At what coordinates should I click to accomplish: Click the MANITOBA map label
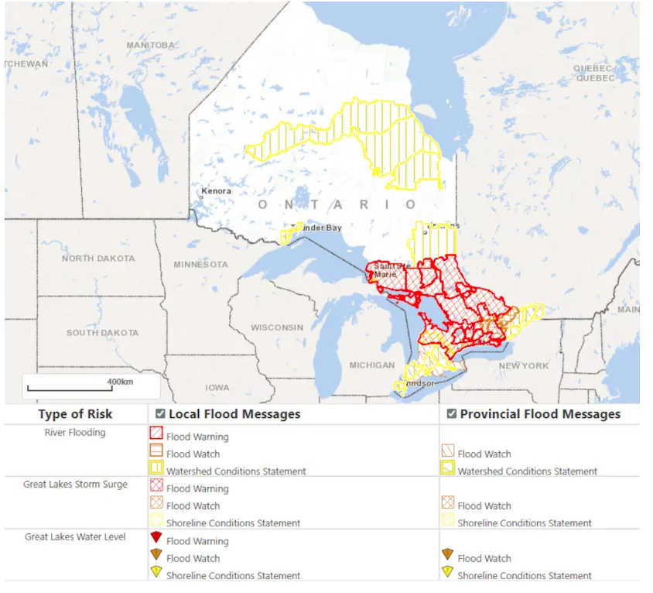point(150,46)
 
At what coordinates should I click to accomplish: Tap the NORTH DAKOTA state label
point(98,259)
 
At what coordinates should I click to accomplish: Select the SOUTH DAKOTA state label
point(102,333)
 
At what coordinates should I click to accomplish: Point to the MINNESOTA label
point(200,265)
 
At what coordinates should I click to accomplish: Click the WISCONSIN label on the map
point(277,327)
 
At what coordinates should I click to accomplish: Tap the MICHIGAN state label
point(371,365)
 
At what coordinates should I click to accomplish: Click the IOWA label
point(217,387)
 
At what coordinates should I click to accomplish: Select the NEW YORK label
point(524,365)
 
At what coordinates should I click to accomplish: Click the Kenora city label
point(216,191)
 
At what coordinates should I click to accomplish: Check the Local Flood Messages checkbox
point(160,414)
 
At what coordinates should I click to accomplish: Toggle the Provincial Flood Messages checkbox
point(451,414)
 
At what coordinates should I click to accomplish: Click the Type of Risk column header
point(75,414)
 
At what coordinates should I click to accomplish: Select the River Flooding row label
point(75,433)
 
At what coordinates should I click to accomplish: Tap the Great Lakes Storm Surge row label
point(75,485)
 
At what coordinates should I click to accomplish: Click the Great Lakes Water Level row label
point(75,536)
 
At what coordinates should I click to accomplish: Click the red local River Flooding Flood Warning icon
point(156,435)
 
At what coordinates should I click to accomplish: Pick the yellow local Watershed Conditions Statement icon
point(156,469)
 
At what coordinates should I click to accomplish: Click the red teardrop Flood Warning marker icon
point(156,538)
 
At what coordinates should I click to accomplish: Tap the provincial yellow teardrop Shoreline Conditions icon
point(447,573)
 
